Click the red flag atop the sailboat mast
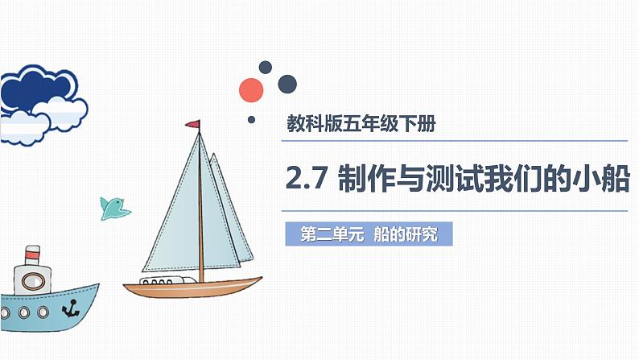193,124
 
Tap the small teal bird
113,207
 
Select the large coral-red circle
252,89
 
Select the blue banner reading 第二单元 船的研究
368,235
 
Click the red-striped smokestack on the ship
31,255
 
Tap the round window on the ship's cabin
33,282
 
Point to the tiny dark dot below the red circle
251,120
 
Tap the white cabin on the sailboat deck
170,279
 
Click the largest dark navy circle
287,84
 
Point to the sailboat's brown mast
201,209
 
